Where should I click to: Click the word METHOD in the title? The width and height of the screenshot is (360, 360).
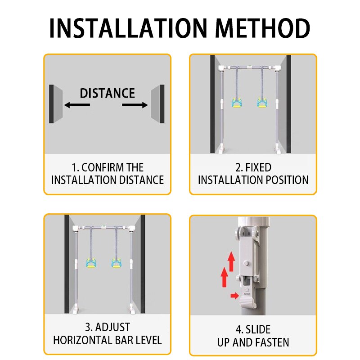click(x=262, y=28)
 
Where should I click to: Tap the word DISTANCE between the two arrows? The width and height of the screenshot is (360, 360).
click(x=107, y=93)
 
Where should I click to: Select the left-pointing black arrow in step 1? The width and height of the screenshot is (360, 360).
click(x=77, y=105)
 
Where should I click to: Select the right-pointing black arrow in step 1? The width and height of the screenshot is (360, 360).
click(x=135, y=105)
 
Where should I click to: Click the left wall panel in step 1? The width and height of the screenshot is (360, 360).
click(x=56, y=104)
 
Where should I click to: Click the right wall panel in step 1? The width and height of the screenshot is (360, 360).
click(x=157, y=104)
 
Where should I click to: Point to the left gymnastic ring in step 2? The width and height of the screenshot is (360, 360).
click(x=236, y=103)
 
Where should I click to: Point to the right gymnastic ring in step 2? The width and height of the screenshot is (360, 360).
click(x=262, y=103)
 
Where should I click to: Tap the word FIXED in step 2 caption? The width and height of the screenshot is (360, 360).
click(x=258, y=167)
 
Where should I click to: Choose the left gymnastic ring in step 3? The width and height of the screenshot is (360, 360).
click(x=91, y=263)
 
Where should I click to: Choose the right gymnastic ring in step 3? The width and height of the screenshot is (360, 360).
click(x=117, y=263)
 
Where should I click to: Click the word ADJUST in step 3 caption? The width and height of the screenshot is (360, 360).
click(x=112, y=327)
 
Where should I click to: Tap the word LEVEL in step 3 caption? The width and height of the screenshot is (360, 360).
click(x=149, y=340)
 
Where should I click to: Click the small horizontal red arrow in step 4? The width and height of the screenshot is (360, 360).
click(x=234, y=296)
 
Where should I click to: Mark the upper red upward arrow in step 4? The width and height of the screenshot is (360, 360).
click(x=231, y=261)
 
